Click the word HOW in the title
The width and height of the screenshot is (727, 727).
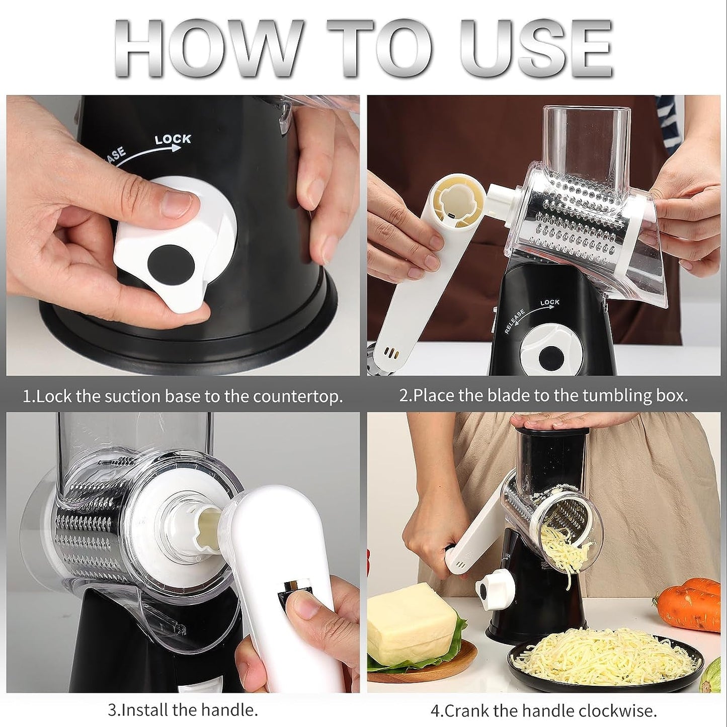coord(206,49)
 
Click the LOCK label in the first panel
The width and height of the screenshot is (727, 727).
coord(172,139)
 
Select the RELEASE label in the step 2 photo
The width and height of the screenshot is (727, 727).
coord(515,321)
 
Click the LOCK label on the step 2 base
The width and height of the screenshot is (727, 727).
coord(549,302)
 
